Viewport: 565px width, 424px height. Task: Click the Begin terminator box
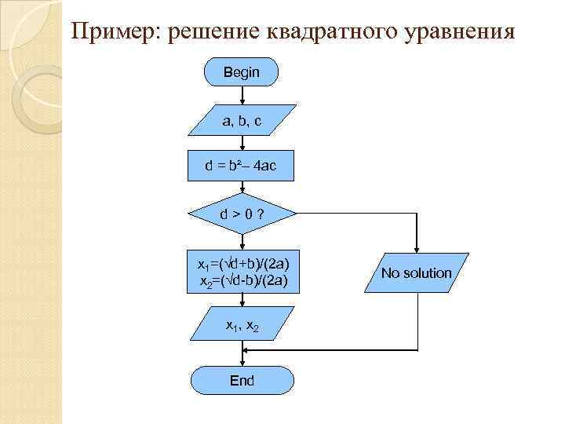click(241, 72)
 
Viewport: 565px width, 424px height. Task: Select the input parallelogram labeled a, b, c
click(242, 121)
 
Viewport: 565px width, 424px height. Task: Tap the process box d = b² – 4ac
click(240, 166)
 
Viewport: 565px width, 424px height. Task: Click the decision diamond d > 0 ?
click(242, 214)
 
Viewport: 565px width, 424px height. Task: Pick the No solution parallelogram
click(417, 272)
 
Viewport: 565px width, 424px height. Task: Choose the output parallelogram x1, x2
click(242, 324)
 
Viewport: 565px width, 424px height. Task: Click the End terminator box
click(242, 381)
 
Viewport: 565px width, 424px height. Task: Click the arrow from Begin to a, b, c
click(242, 96)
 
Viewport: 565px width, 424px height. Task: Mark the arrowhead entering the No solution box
click(417, 249)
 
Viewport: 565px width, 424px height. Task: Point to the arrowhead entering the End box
click(242, 364)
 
